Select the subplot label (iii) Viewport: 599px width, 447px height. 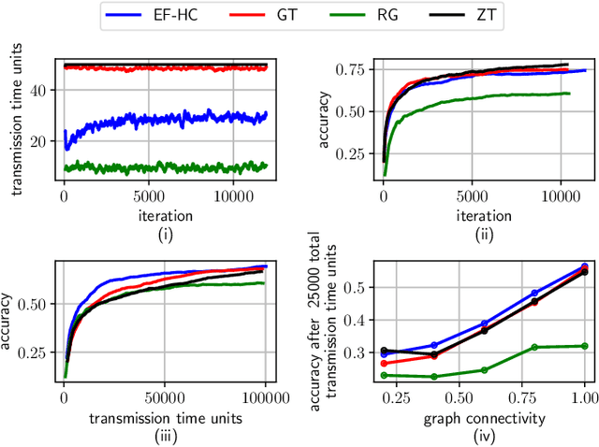click(165, 435)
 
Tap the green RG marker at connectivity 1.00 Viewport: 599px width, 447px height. click(585, 345)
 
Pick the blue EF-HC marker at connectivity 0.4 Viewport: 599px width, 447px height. click(433, 344)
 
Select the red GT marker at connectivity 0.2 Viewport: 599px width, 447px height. click(384, 363)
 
